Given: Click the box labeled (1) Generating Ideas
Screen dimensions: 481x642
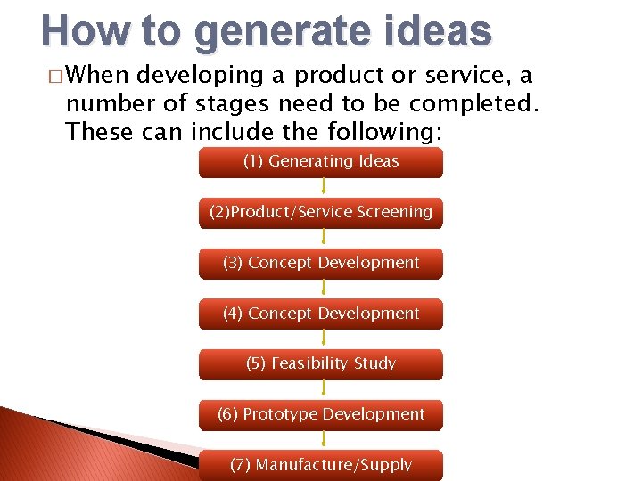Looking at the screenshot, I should click(321, 162).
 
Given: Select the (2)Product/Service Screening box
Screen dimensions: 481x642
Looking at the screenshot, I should click(321, 213).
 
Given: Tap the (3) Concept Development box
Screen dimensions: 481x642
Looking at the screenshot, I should click(321, 264).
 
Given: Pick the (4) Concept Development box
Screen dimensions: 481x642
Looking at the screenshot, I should click(321, 314).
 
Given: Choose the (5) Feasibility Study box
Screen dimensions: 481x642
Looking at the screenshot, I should click(321, 364).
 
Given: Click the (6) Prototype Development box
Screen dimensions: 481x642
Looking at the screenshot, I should click(321, 415).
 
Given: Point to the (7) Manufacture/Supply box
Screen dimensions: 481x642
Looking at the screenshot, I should click(321, 465).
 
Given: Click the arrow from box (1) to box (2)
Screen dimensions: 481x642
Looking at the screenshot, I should click(323, 187).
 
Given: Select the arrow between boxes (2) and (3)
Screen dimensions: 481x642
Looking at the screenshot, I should click(323, 238).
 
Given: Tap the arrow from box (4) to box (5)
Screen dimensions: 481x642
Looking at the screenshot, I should click(323, 338).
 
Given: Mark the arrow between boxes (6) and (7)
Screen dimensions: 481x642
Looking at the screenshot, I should click(323, 440).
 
